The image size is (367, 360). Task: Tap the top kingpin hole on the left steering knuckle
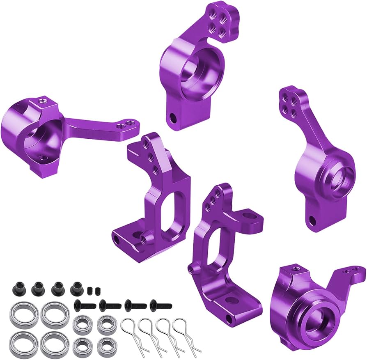pyautogui.click(x=42, y=101)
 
